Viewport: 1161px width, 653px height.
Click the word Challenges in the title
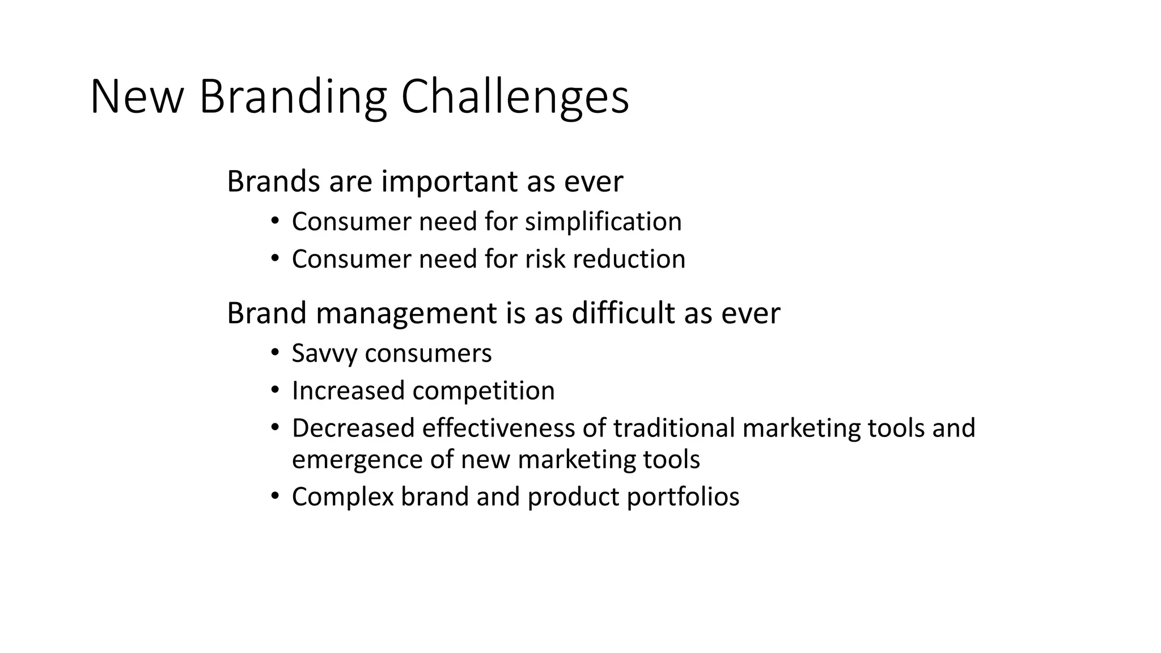(515, 97)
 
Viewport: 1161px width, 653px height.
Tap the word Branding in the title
(293, 97)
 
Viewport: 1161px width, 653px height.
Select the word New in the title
(136, 97)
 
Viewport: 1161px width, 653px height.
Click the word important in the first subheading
(450, 183)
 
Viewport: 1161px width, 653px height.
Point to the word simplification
(603, 222)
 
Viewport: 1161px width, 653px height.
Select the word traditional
(674, 429)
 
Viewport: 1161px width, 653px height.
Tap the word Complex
(342, 497)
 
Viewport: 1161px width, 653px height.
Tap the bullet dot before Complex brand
(275, 497)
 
